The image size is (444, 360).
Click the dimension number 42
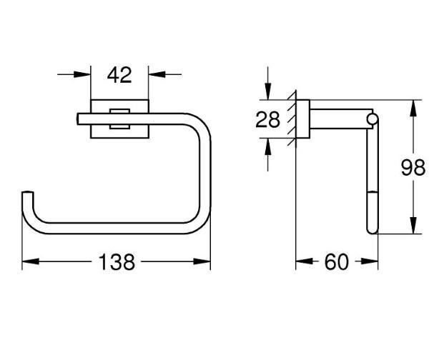click(119, 74)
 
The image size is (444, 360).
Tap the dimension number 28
click(268, 119)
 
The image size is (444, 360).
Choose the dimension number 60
click(336, 262)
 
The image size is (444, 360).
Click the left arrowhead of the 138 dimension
click(27, 262)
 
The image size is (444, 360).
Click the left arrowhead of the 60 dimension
click(301, 262)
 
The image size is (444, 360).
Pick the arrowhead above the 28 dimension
click(268, 94)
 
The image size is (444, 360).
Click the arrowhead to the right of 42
click(154, 74)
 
